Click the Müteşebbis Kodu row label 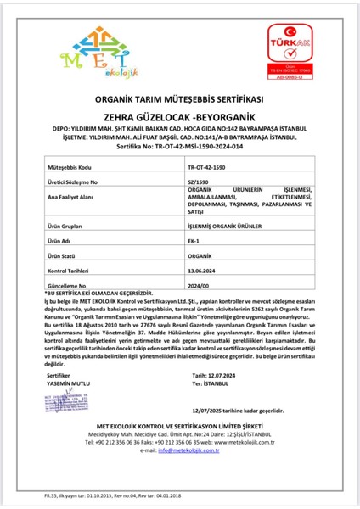click(x=71, y=170)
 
